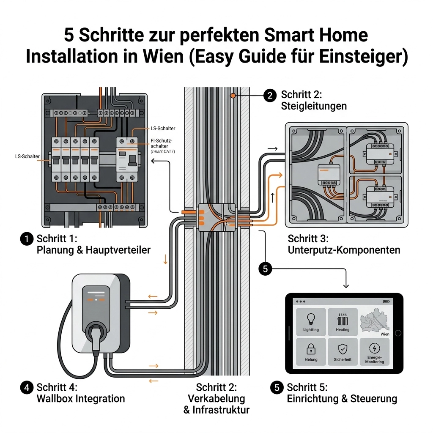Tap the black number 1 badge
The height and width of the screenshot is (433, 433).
[x=26, y=239]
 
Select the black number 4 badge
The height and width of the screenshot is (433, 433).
[x=26, y=387]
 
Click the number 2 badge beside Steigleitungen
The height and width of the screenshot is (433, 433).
[x=270, y=96]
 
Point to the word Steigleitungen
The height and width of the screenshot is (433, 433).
[x=314, y=106]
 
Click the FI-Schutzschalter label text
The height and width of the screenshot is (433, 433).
[x=162, y=143]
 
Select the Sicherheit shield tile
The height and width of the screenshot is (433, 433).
[x=343, y=352]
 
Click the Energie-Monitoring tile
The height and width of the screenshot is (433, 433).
[x=374, y=352]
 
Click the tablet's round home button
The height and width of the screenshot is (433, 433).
[x=397, y=333]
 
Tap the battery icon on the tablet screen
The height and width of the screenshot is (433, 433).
[x=386, y=301]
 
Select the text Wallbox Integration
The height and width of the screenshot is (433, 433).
[x=81, y=398]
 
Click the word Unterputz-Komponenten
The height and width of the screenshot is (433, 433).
[x=344, y=250]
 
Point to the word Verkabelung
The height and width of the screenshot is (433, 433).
[x=216, y=398]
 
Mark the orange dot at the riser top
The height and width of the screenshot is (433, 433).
[x=232, y=96]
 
